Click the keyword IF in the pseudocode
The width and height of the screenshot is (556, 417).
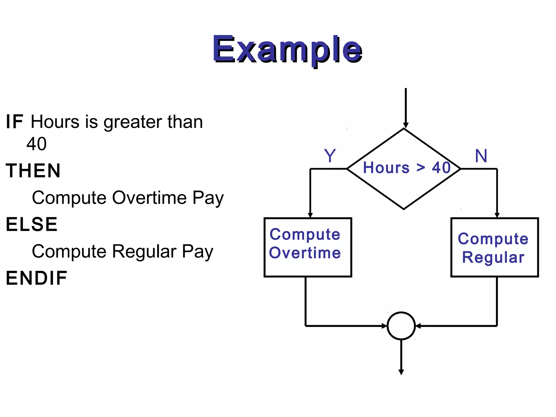(15, 122)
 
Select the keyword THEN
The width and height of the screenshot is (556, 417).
(33, 171)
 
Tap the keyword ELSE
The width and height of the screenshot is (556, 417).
(32, 225)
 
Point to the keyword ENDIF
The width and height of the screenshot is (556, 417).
(37, 278)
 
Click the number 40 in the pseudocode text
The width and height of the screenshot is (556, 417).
(36, 144)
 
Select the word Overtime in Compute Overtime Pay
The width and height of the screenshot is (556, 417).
(149, 198)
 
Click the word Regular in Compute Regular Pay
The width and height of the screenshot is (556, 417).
(144, 251)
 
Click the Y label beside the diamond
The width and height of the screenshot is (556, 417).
(330, 156)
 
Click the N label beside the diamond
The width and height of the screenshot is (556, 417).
(481, 156)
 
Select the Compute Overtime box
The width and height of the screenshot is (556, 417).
(308, 247)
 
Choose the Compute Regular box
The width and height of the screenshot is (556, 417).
(494, 247)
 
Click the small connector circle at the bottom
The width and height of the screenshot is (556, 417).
(401, 326)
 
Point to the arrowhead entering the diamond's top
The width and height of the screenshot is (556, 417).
(406, 125)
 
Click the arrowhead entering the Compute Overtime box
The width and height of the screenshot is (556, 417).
(310, 215)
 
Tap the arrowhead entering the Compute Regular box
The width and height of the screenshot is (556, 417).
(497, 215)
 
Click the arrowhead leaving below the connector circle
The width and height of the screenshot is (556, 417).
(401, 372)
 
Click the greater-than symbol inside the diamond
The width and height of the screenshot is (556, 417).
(421, 168)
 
